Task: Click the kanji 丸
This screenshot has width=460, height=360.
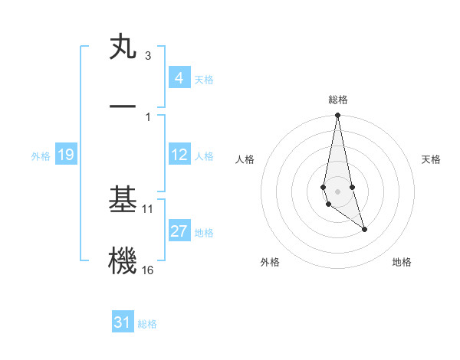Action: (x=123, y=47)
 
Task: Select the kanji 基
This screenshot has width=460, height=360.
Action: (x=123, y=200)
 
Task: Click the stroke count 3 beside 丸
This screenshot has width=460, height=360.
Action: (x=147, y=56)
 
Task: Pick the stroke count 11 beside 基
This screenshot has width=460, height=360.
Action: (x=148, y=208)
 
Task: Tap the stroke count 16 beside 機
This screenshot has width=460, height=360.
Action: (x=148, y=270)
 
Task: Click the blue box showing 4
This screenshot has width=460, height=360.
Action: (x=179, y=78)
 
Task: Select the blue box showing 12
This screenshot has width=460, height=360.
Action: (x=179, y=155)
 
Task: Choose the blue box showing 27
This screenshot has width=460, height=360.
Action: (x=179, y=231)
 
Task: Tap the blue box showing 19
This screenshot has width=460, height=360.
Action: (x=65, y=155)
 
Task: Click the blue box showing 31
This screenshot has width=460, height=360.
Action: (x=123, y=322)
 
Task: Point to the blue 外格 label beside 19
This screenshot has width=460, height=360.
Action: (x=41, y=156)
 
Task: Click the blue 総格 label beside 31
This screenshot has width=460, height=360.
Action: (x=147, y=324)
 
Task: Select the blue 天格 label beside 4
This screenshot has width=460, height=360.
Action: (x=204, y=79)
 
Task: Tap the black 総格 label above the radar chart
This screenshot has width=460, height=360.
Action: (x=337, y=100)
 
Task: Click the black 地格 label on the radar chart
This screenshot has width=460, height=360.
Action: (x=402, y=262)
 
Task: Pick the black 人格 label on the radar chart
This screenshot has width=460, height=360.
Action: (x=245, y=159)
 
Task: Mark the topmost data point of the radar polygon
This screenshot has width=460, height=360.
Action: (x=337, y=116)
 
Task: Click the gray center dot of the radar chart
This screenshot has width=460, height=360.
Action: (x=337, y=191)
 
